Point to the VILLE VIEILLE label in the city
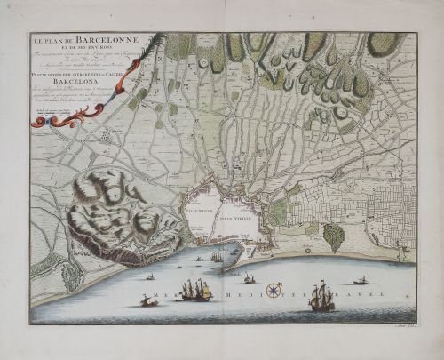click(x=237, y=217)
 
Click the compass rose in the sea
click(x=274, y=288)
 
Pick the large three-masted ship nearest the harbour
click(x=194, y=289)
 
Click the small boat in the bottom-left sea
click(x=149, y=302)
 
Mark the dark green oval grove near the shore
click(x=333, y=236)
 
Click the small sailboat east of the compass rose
click(x=361, y=281)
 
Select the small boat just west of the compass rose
click(x=250, y=279)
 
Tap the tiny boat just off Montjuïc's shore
click(x=149, y=276)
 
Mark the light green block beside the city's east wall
click(x=277, y=211)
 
